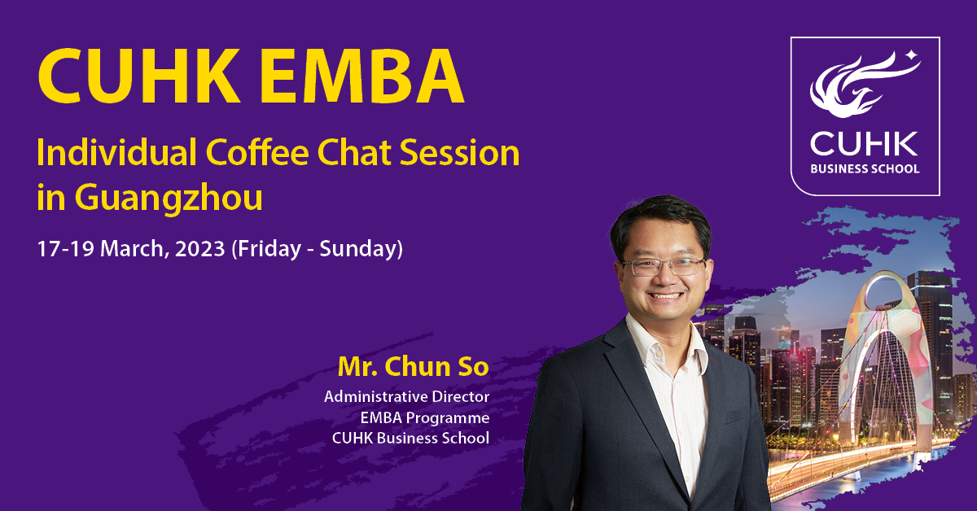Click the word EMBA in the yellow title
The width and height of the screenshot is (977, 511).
361,76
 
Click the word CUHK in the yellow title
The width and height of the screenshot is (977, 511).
139,76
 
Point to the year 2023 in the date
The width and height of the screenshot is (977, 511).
199,249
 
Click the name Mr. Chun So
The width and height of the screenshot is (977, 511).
414,366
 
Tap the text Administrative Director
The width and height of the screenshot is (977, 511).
406,397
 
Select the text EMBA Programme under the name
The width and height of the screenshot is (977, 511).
425,417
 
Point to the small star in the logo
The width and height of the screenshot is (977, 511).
911,55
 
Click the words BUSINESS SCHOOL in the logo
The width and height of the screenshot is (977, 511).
865,168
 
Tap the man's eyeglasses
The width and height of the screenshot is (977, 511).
664,266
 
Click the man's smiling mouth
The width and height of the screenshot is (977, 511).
665,295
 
